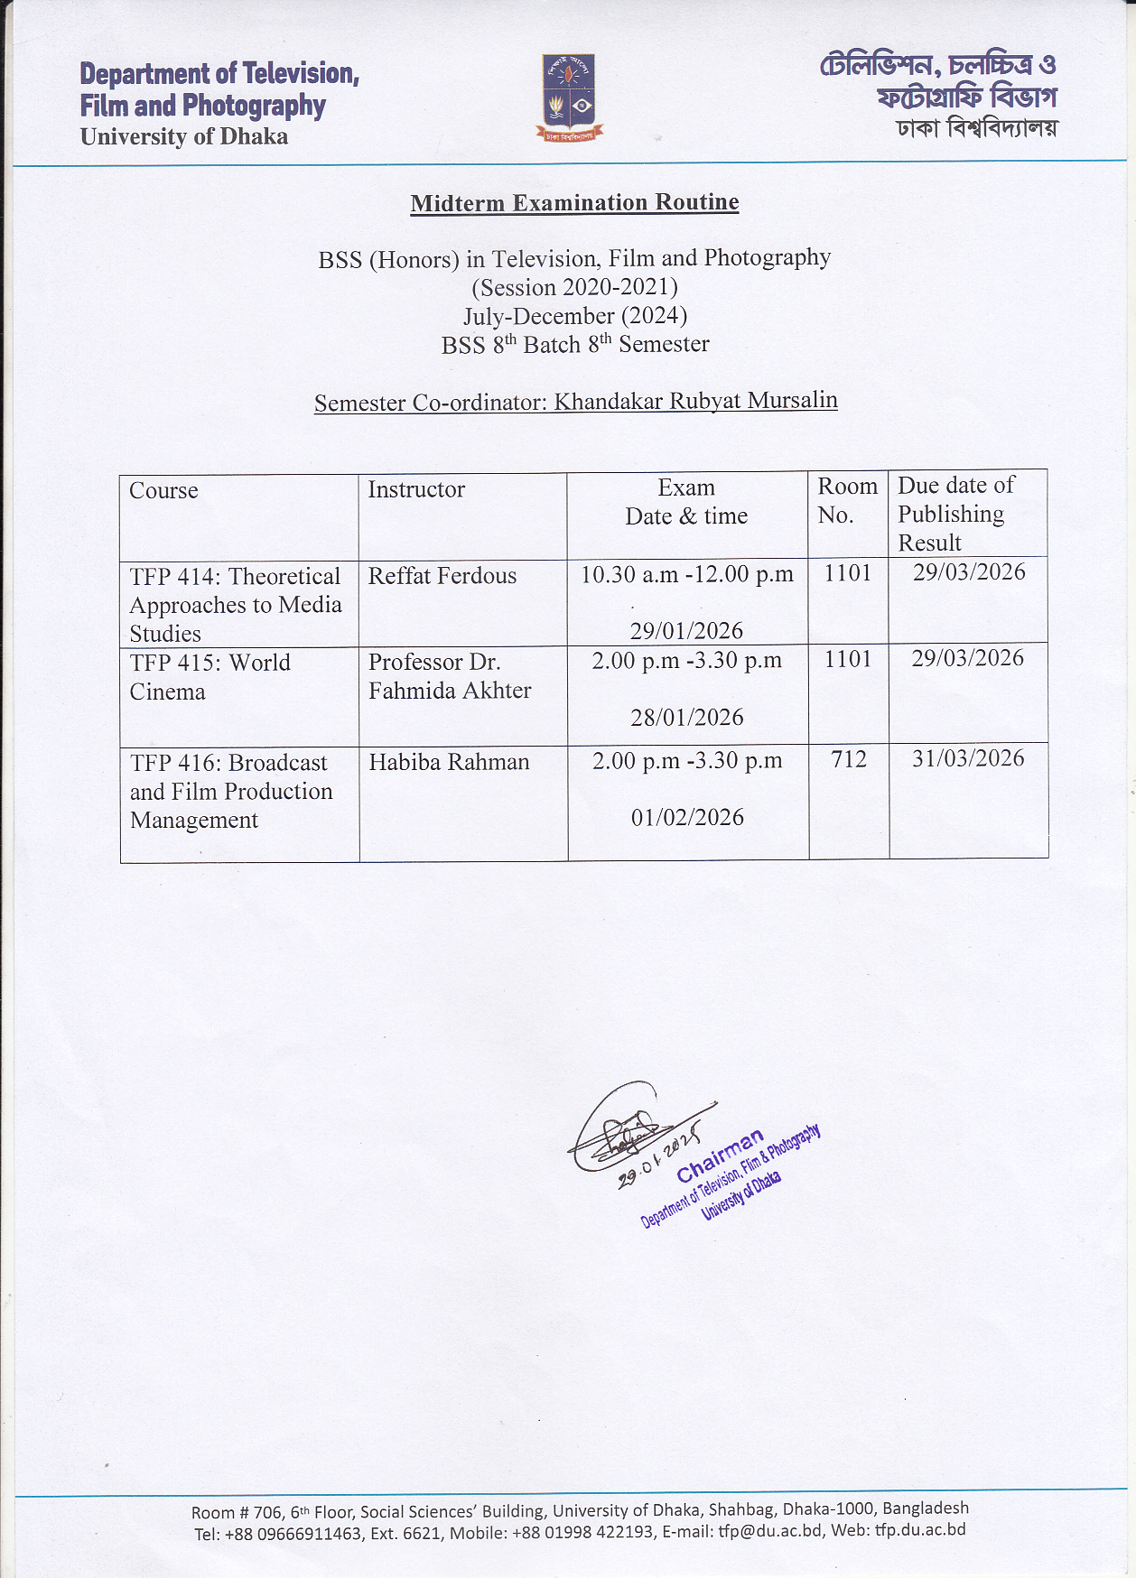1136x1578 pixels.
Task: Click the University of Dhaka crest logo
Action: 569,97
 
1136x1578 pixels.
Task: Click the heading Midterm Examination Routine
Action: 574,202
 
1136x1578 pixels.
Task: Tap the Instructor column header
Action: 416,490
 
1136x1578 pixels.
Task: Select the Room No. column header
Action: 847,500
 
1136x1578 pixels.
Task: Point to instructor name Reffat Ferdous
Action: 442,576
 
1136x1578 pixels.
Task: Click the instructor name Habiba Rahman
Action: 449,762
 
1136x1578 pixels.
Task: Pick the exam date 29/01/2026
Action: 686,631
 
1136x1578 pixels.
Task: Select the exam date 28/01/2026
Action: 686,718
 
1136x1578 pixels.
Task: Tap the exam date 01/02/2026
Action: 687,818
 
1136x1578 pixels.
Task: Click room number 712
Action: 849,759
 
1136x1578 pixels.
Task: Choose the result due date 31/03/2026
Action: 968,758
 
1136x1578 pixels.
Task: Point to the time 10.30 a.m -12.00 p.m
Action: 686,575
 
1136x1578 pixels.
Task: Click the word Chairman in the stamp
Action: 720,1156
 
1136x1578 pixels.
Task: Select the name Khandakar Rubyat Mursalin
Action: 695,401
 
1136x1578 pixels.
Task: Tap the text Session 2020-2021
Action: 574,287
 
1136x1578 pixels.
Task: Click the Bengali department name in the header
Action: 939,80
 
